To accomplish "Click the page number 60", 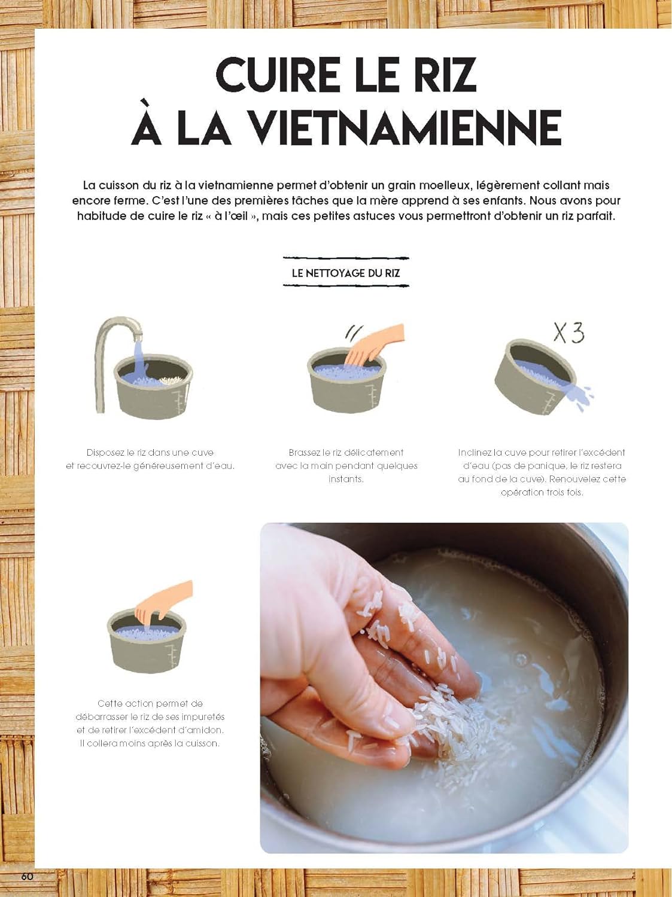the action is (27, 877).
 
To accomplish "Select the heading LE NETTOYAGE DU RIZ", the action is (346, 273).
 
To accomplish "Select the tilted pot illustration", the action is (536, 376).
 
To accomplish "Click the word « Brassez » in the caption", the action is (304, 452).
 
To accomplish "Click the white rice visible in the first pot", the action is (171, 380).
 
